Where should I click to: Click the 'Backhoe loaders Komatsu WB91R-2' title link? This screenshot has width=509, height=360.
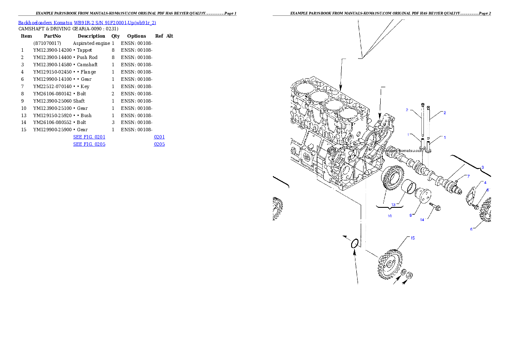(87, 23)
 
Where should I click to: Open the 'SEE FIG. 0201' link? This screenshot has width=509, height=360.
(89, 137)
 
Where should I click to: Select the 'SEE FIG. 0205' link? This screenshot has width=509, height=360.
(89, 145)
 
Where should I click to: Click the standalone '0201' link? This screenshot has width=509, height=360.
(159, 137)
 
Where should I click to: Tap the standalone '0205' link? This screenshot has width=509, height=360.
(159, 145)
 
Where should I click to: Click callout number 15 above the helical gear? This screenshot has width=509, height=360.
(412, 238)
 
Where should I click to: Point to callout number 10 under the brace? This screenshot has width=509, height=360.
(389, 216)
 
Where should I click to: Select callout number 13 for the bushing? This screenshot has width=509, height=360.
(394, 204)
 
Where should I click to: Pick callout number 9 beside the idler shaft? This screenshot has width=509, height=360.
(411, 215)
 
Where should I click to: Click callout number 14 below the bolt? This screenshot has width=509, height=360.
(422, 220)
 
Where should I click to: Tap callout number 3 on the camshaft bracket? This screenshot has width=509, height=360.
(482, 168)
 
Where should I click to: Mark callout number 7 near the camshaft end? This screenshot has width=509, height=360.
(468, 176)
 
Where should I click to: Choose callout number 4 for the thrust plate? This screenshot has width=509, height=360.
(485, 183)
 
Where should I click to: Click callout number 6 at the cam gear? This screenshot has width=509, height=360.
(471, 229)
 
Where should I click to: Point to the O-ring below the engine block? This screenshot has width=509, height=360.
(355, 244)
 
